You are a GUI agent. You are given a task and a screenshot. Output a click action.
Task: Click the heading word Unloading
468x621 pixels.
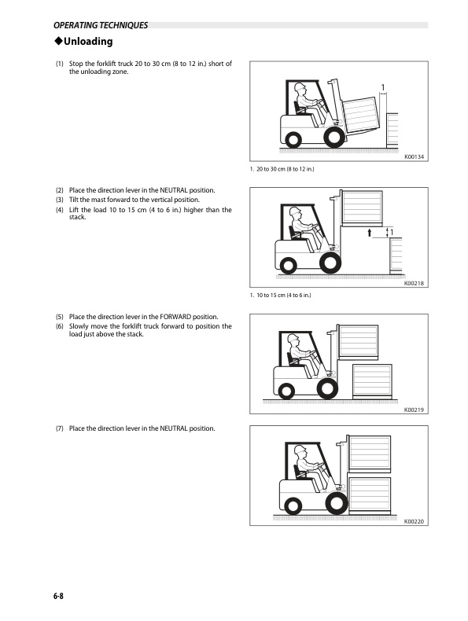point(88,42)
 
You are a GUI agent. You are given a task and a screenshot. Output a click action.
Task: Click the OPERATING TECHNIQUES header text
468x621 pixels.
point(101,25)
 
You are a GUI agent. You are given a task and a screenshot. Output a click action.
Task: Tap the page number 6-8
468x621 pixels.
point(58,596)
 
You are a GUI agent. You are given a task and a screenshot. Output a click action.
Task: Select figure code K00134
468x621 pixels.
point(414,157)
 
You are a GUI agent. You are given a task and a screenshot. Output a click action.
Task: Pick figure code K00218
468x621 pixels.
point(414,283)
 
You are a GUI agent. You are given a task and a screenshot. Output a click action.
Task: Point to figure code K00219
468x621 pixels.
point(414,410)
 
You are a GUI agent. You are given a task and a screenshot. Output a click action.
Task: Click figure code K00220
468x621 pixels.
point(414,522)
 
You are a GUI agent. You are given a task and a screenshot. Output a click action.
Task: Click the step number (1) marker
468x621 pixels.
point(60,64)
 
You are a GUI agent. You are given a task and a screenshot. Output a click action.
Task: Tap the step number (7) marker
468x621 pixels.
point(60,428)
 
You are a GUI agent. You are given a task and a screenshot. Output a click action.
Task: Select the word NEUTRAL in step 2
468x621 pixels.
point(174,190)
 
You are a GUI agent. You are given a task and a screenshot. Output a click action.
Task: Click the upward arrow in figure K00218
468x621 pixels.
point(370,233)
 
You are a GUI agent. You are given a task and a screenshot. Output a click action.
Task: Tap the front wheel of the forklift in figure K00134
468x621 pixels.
point(334,137)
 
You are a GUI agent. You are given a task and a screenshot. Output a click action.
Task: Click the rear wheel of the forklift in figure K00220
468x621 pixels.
point(293,506)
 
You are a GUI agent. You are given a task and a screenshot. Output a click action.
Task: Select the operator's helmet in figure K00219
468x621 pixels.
point(293,338)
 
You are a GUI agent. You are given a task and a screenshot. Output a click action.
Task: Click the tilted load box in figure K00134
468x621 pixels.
point(360,116)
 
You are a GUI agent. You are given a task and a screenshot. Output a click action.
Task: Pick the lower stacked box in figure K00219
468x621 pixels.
point(372,381)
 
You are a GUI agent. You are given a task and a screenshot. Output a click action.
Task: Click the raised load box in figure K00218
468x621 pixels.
point(362,208)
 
